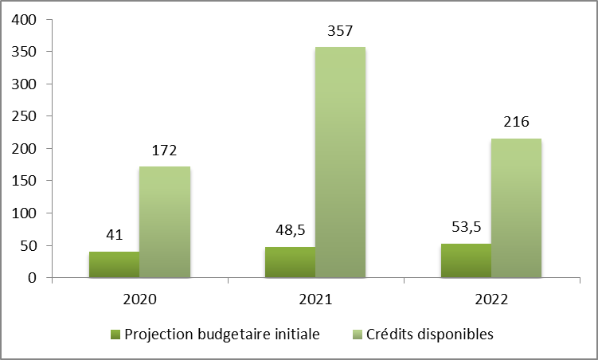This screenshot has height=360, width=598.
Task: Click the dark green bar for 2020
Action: click(x=114, y=264)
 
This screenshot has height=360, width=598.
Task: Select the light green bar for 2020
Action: click(x=164, y=222)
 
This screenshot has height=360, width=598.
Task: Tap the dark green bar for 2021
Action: click(x=290, y=262)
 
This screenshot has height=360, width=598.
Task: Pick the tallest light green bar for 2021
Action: click(x=340, y=162)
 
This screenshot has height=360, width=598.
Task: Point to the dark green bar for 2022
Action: click(x=466, y=260)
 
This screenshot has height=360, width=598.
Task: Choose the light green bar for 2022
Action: click(x=516, y=208)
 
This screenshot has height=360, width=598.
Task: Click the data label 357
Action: click(x=340, y=31)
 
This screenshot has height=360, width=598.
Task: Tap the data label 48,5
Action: click(x=290, y=231)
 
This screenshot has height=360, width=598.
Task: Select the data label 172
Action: click(x=164, y=150)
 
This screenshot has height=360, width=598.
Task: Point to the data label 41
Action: click(x=114, y=235)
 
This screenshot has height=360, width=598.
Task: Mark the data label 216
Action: click(x=516, y=123)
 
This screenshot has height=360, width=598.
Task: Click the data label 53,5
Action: click(x=466, y=227)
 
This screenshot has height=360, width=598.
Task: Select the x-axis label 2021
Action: click(x=316, y=301)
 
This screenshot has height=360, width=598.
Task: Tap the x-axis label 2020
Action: click(x=140, y=301)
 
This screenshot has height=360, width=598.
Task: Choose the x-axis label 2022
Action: click(x=492, y=301)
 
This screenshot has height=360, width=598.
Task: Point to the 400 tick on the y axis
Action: click(x=25, y=20)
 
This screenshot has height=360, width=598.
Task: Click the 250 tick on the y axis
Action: click(x=25, y=116)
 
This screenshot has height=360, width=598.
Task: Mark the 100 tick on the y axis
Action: click(x=25, y=213)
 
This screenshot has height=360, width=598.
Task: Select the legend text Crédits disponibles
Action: click(x=430, y=334)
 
